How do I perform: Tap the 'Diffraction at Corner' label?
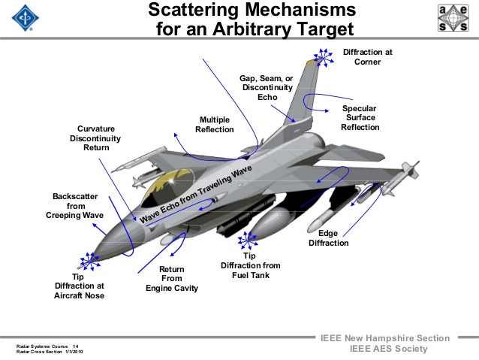[367, 56]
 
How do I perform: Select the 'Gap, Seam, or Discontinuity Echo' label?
[267, 88]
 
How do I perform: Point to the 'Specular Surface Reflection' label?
[360, 118]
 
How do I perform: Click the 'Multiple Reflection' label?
[213, 125]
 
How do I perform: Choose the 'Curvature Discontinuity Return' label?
[95, 138]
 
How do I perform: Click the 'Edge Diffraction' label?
[329, 238]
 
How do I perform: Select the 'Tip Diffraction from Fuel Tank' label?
[250, 266]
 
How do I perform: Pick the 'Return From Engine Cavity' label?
[171, 279]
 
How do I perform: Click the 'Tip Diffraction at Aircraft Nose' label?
[79, 286]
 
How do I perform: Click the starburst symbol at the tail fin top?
[324, 56]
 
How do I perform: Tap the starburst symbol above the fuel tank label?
[246, 241]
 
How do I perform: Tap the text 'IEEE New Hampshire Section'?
[384, 338]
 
